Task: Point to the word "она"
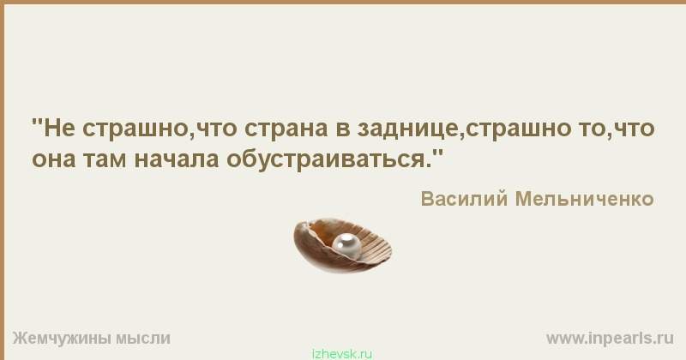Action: (54, 159)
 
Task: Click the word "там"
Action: (105, 159)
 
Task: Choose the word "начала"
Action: (176, 159)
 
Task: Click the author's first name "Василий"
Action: (464, 199)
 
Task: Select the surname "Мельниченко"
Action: (585, 199)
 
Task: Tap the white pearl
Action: (346, 245)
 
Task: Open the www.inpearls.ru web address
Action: (610, 339)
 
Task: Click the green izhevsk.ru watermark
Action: (342, 354)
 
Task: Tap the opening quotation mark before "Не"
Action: (37, 122)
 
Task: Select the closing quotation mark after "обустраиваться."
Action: (437, 153)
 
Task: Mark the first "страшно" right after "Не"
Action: (135, 130)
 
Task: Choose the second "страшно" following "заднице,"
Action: (519, 130)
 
